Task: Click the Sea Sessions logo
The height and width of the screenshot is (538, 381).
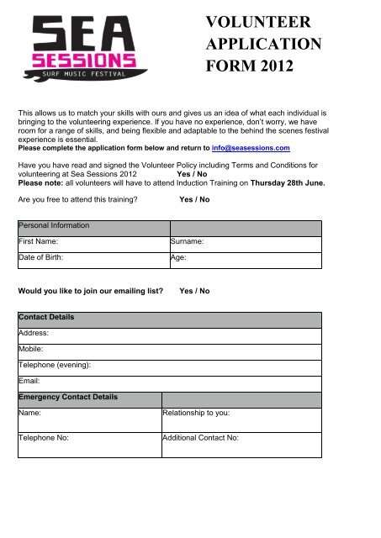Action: [83, 48]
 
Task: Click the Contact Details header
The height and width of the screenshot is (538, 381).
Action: [168, 319]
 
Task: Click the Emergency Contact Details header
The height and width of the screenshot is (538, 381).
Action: [88, 396]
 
